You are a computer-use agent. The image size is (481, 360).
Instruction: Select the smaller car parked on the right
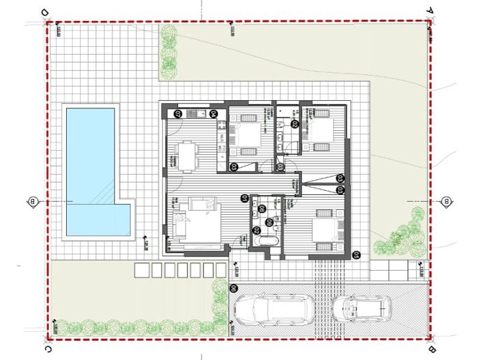[362, 309]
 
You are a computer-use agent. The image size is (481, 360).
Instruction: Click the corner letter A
[431, 11]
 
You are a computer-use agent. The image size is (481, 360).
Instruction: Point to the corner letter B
[431, 348]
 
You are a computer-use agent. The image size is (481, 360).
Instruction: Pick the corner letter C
[46, 348]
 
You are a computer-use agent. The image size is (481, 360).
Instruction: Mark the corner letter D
[45, 12]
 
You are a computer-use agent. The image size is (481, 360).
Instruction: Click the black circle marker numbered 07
[178, 114]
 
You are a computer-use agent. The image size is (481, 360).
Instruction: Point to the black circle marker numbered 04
[213, 114]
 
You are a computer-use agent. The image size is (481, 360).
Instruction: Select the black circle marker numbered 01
[244, 198]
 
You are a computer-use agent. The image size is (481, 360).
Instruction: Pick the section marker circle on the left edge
[32, 200]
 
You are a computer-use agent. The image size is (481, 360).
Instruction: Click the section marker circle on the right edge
[446, 201]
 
